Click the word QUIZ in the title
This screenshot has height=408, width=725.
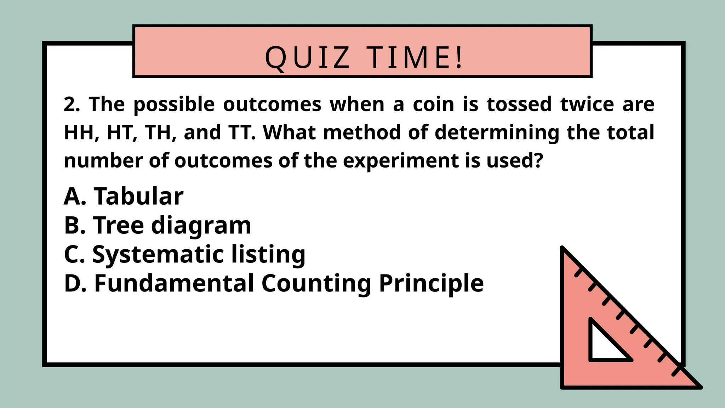pos(307,57)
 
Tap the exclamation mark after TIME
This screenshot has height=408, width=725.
pos(459,57)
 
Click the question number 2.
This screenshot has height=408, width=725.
pos(71,104)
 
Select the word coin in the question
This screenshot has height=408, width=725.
pos(433,104)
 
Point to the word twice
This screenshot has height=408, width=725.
pos(587,104)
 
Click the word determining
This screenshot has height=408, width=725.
pos(497,132)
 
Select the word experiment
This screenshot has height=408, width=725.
pos(401,161)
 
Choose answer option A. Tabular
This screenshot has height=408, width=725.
pos(124,196)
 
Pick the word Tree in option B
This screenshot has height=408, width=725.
pos(118,225)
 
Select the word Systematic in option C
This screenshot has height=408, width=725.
pos(158,254)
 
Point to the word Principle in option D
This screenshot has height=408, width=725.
pos(431,283)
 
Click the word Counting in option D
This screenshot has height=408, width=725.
pos(316,283)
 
